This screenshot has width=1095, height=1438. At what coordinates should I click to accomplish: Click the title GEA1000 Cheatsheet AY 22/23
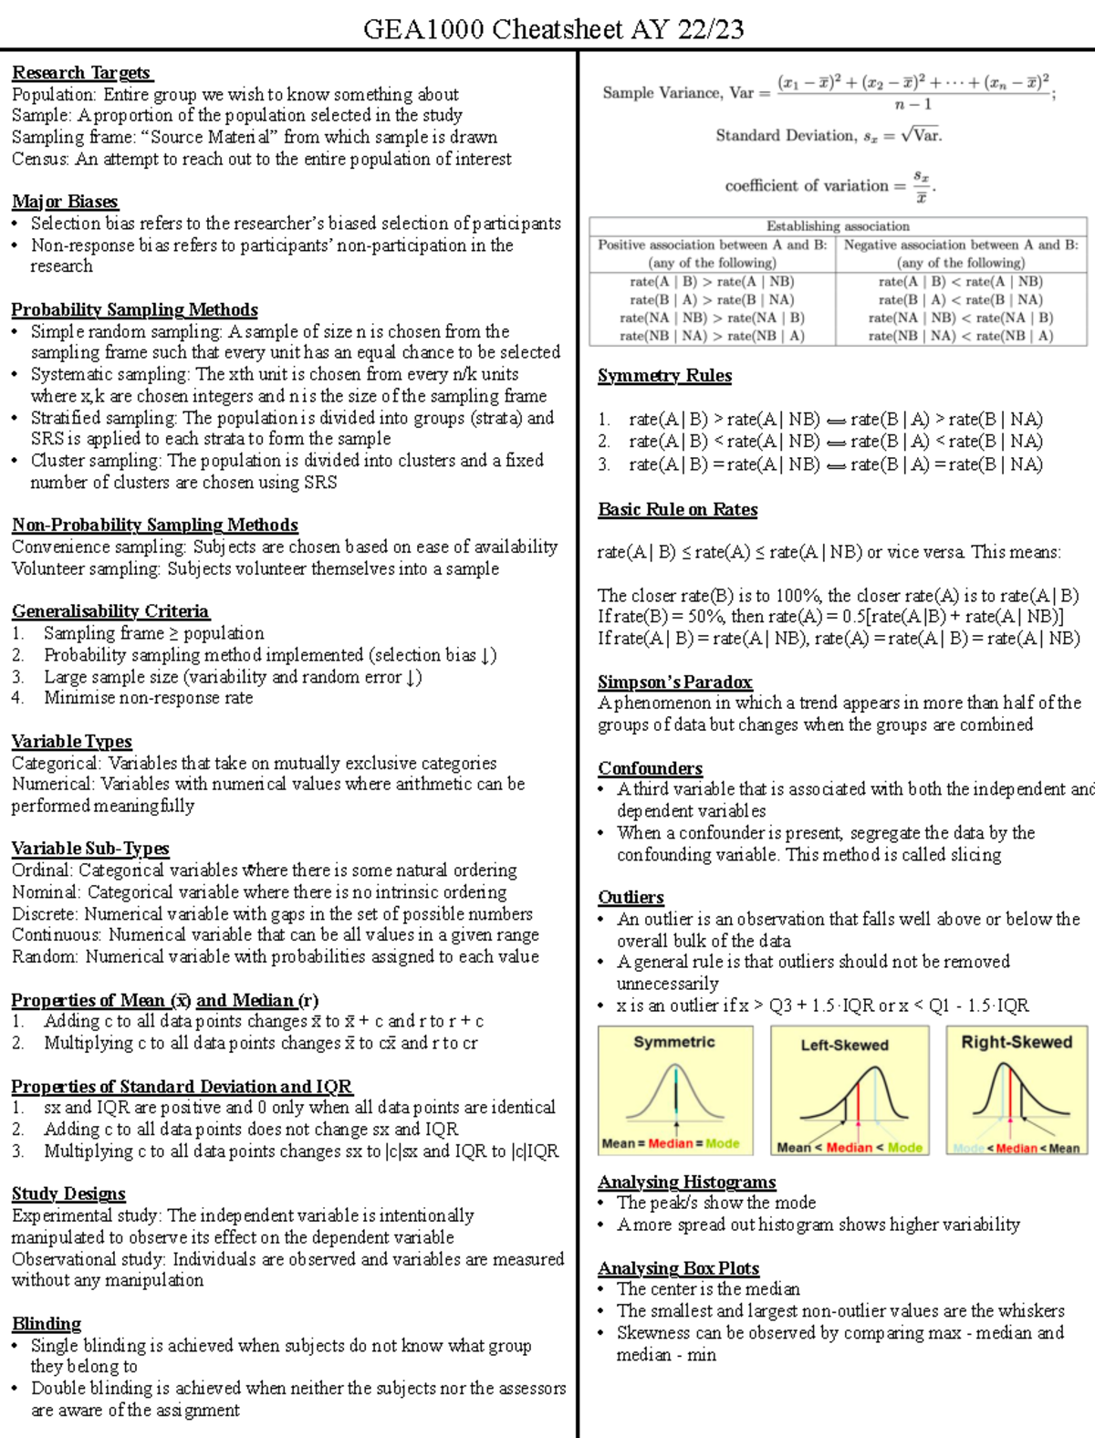point(553,29)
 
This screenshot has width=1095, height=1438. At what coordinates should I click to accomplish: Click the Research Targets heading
point(82,73)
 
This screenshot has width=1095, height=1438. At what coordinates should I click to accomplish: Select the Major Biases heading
point(65,202)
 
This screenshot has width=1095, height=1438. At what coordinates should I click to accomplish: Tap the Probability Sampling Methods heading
point(134,309)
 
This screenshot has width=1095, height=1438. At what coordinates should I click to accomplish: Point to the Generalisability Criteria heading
point(110,611)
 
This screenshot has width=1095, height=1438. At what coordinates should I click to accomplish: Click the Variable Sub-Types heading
point(90,849)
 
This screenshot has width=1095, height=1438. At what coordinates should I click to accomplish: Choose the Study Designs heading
point(68,1193)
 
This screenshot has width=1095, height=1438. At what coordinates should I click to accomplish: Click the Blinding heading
point(47,1323)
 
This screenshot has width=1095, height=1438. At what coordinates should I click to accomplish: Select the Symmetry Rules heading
point(664,376)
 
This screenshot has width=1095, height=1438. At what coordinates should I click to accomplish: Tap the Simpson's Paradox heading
point(674,682)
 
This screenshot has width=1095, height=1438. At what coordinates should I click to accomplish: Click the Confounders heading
point(650,768)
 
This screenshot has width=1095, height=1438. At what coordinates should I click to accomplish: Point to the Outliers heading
point(631,897)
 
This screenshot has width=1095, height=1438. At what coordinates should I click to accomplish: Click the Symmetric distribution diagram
point(675,1091)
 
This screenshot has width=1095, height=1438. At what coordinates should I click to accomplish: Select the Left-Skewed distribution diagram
point(850,1091)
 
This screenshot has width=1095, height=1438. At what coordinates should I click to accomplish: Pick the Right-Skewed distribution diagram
point(1017,1091)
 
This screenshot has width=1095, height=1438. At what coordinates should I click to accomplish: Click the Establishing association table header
point(838,226)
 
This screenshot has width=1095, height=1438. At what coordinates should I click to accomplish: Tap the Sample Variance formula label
point(677,93)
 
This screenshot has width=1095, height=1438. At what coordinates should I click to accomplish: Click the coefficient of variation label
point(806,186)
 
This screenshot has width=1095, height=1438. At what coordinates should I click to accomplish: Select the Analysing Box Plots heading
point(678,1268)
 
